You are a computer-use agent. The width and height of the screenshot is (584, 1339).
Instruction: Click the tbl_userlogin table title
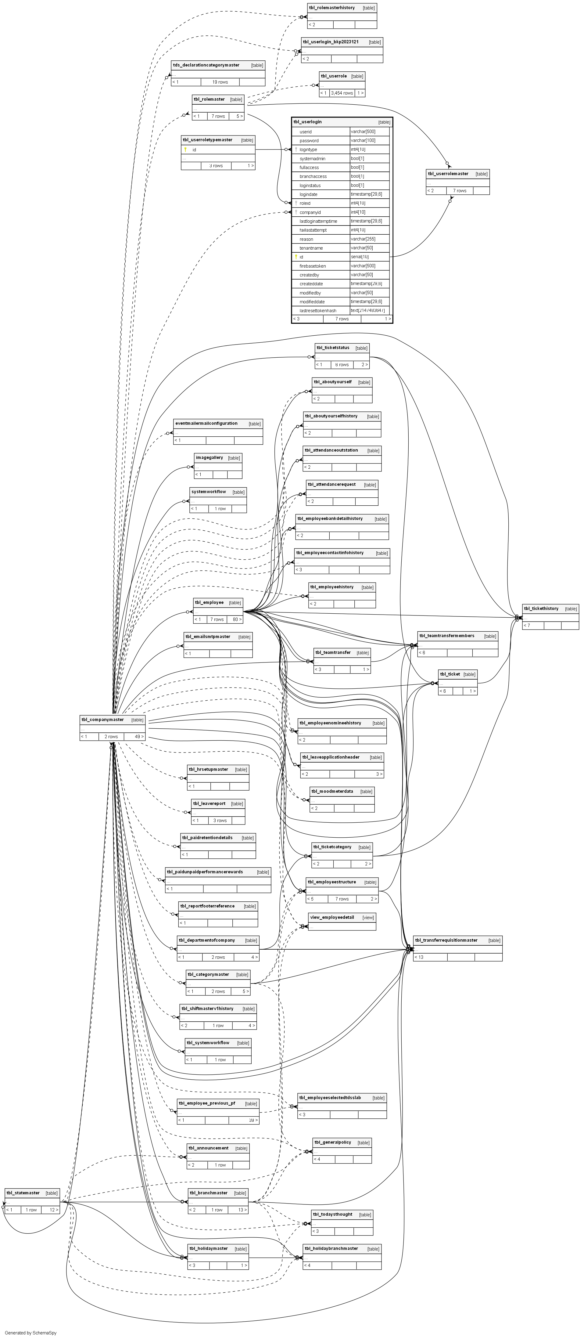pyautogui.click(x=308, y=122)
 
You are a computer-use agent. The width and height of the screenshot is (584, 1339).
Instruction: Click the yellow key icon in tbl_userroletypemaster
pyautogui.click(x=185, y=150)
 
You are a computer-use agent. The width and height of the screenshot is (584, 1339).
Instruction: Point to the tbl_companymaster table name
pyautogui.click(x=102, y=720)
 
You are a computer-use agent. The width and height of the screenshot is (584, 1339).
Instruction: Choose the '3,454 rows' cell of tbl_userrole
pyautogui.click(x=342, y=93)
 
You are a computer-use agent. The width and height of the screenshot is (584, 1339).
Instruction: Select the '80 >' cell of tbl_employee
pyautogui.click(x=236, y=619)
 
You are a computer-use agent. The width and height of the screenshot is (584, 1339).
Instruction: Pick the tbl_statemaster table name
pyautogui.click(x=23, y=1193)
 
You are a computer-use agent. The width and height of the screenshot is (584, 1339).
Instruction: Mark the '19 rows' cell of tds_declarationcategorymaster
pyautogui.click(x=220, y=82)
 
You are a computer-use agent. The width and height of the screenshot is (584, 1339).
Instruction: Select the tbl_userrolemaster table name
pyautogui.click(x=448, y=174)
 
